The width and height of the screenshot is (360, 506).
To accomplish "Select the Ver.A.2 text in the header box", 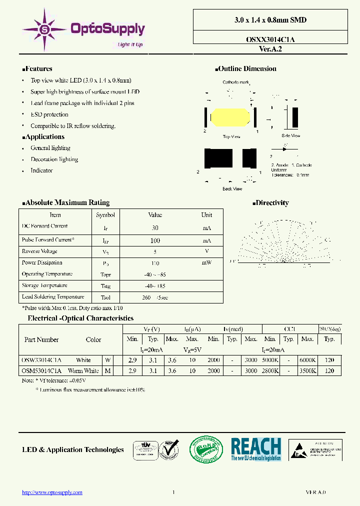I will [x=270, y=49].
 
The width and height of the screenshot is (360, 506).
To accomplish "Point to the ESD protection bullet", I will [x=49, y=114].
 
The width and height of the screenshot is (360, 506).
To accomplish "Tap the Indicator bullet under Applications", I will [x=41, y=170].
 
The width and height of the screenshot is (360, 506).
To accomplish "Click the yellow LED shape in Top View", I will [x=230, y=118].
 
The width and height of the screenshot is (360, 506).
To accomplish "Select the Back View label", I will [x=232, y=189].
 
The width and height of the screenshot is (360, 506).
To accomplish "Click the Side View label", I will [x=290, y=135].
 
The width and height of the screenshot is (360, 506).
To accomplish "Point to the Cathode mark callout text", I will [x=235, y=82].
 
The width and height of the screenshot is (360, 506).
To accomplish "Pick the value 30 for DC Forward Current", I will [x=155, y=227].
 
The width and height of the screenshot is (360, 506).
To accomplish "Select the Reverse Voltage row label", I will [x=39, y=251].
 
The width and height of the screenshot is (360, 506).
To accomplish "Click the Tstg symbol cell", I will [x=105, y=286].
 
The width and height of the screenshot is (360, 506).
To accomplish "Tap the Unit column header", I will [x=206, y=215].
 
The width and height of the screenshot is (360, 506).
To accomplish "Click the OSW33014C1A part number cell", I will [x=41, y=360].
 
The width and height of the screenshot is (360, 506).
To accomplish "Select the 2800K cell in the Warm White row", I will [x=270, y=371].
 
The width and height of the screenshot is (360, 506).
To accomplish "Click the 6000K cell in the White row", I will [x=307, y=360].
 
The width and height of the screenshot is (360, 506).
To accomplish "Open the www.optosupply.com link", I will [x=52, y=492].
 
